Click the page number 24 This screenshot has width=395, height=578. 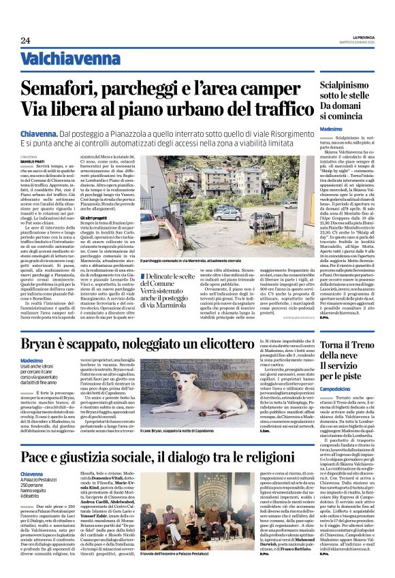[x=25, y=39]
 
